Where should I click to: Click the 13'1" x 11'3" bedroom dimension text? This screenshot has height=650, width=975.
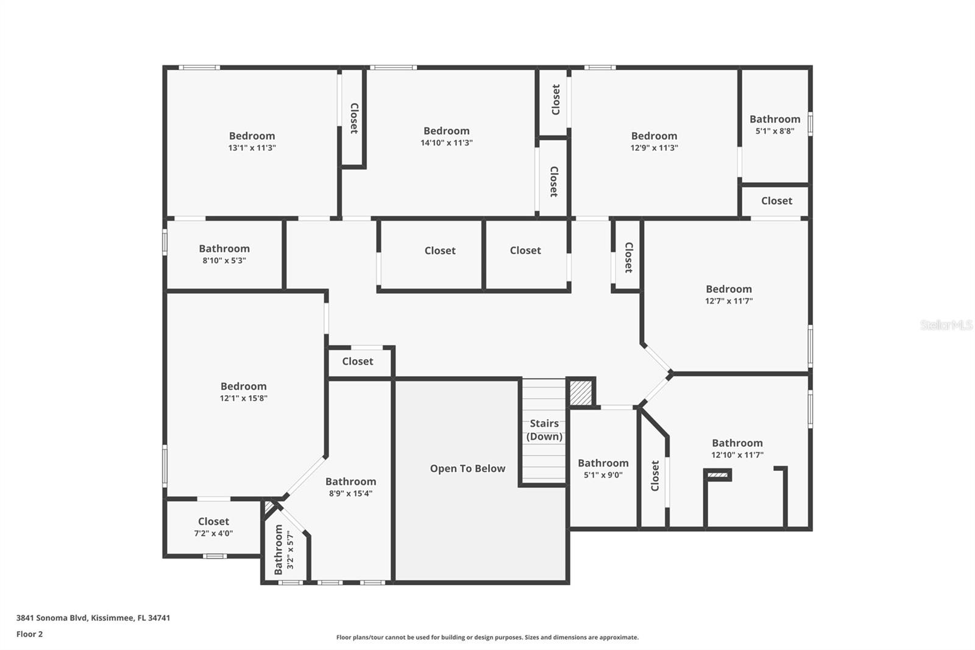[x=252, y=148]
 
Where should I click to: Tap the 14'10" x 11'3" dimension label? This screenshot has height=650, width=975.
[x=447, y=143]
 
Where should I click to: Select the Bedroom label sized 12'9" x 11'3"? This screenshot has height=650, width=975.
[x=654, y=136]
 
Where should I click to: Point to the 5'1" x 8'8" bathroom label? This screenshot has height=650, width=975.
[x=775, y=119]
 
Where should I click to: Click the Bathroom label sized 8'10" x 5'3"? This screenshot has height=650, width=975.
[x=224, y=248]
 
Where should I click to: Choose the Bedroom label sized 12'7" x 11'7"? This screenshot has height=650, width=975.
[x=729, y=289]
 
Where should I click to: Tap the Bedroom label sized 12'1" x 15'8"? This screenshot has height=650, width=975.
[x=243, y=386]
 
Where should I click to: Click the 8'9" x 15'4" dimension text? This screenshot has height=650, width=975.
[x=351, y=494]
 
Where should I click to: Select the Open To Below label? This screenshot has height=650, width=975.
[x=467, y=468]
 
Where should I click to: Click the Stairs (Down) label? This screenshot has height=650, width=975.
[x=544, y=429]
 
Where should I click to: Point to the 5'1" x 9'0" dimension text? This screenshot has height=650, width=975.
[x=603, y=475]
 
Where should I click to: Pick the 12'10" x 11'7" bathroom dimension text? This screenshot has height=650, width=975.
[x=737, y=455]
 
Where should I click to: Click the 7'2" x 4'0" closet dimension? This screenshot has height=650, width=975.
[x=213, y=534]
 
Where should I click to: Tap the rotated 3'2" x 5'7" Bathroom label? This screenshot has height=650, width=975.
[x=278, y=549]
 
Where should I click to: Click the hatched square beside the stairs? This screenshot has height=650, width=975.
[x=581, y=393]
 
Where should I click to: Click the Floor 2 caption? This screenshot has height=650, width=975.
[x=30, y=634]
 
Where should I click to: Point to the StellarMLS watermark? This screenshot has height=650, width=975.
[x=946, y=324]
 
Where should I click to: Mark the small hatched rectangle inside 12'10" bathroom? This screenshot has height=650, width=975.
[x=718, y=475]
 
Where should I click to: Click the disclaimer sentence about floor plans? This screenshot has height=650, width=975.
[x=487, y=637]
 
